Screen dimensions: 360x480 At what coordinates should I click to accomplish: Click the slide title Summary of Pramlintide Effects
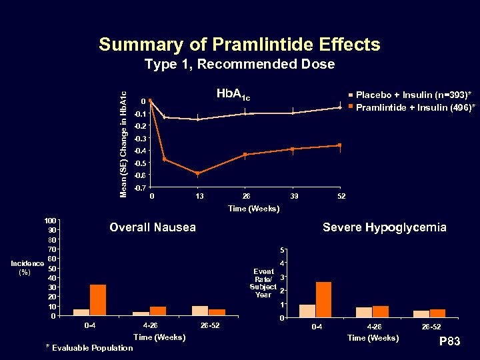(x=239, y=45)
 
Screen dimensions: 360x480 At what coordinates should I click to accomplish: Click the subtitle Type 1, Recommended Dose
(x=239, y=65)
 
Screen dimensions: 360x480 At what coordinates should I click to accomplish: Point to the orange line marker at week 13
(x=198, y=173)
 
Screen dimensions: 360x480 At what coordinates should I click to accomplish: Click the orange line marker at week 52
(x=340, y=145)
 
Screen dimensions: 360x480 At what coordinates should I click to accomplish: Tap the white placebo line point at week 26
(x=245, y=114)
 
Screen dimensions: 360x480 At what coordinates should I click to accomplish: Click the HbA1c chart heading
(x=233, y=95)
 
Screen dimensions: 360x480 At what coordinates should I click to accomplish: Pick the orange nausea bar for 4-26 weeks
(x=158, y=311)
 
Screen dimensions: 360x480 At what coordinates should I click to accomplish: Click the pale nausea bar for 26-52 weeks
(x=199, y=311)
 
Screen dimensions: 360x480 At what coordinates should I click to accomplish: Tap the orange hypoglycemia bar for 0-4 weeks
(x=323, y=300)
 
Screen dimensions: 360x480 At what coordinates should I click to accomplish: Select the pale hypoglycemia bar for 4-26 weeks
(x=364, y=313)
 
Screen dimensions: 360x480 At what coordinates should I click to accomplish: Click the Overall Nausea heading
(x=153, y=227)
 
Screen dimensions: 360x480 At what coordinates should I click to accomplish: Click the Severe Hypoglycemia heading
(x=385, y=227)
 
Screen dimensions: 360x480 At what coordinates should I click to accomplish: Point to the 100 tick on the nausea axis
(x=50, y=221)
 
